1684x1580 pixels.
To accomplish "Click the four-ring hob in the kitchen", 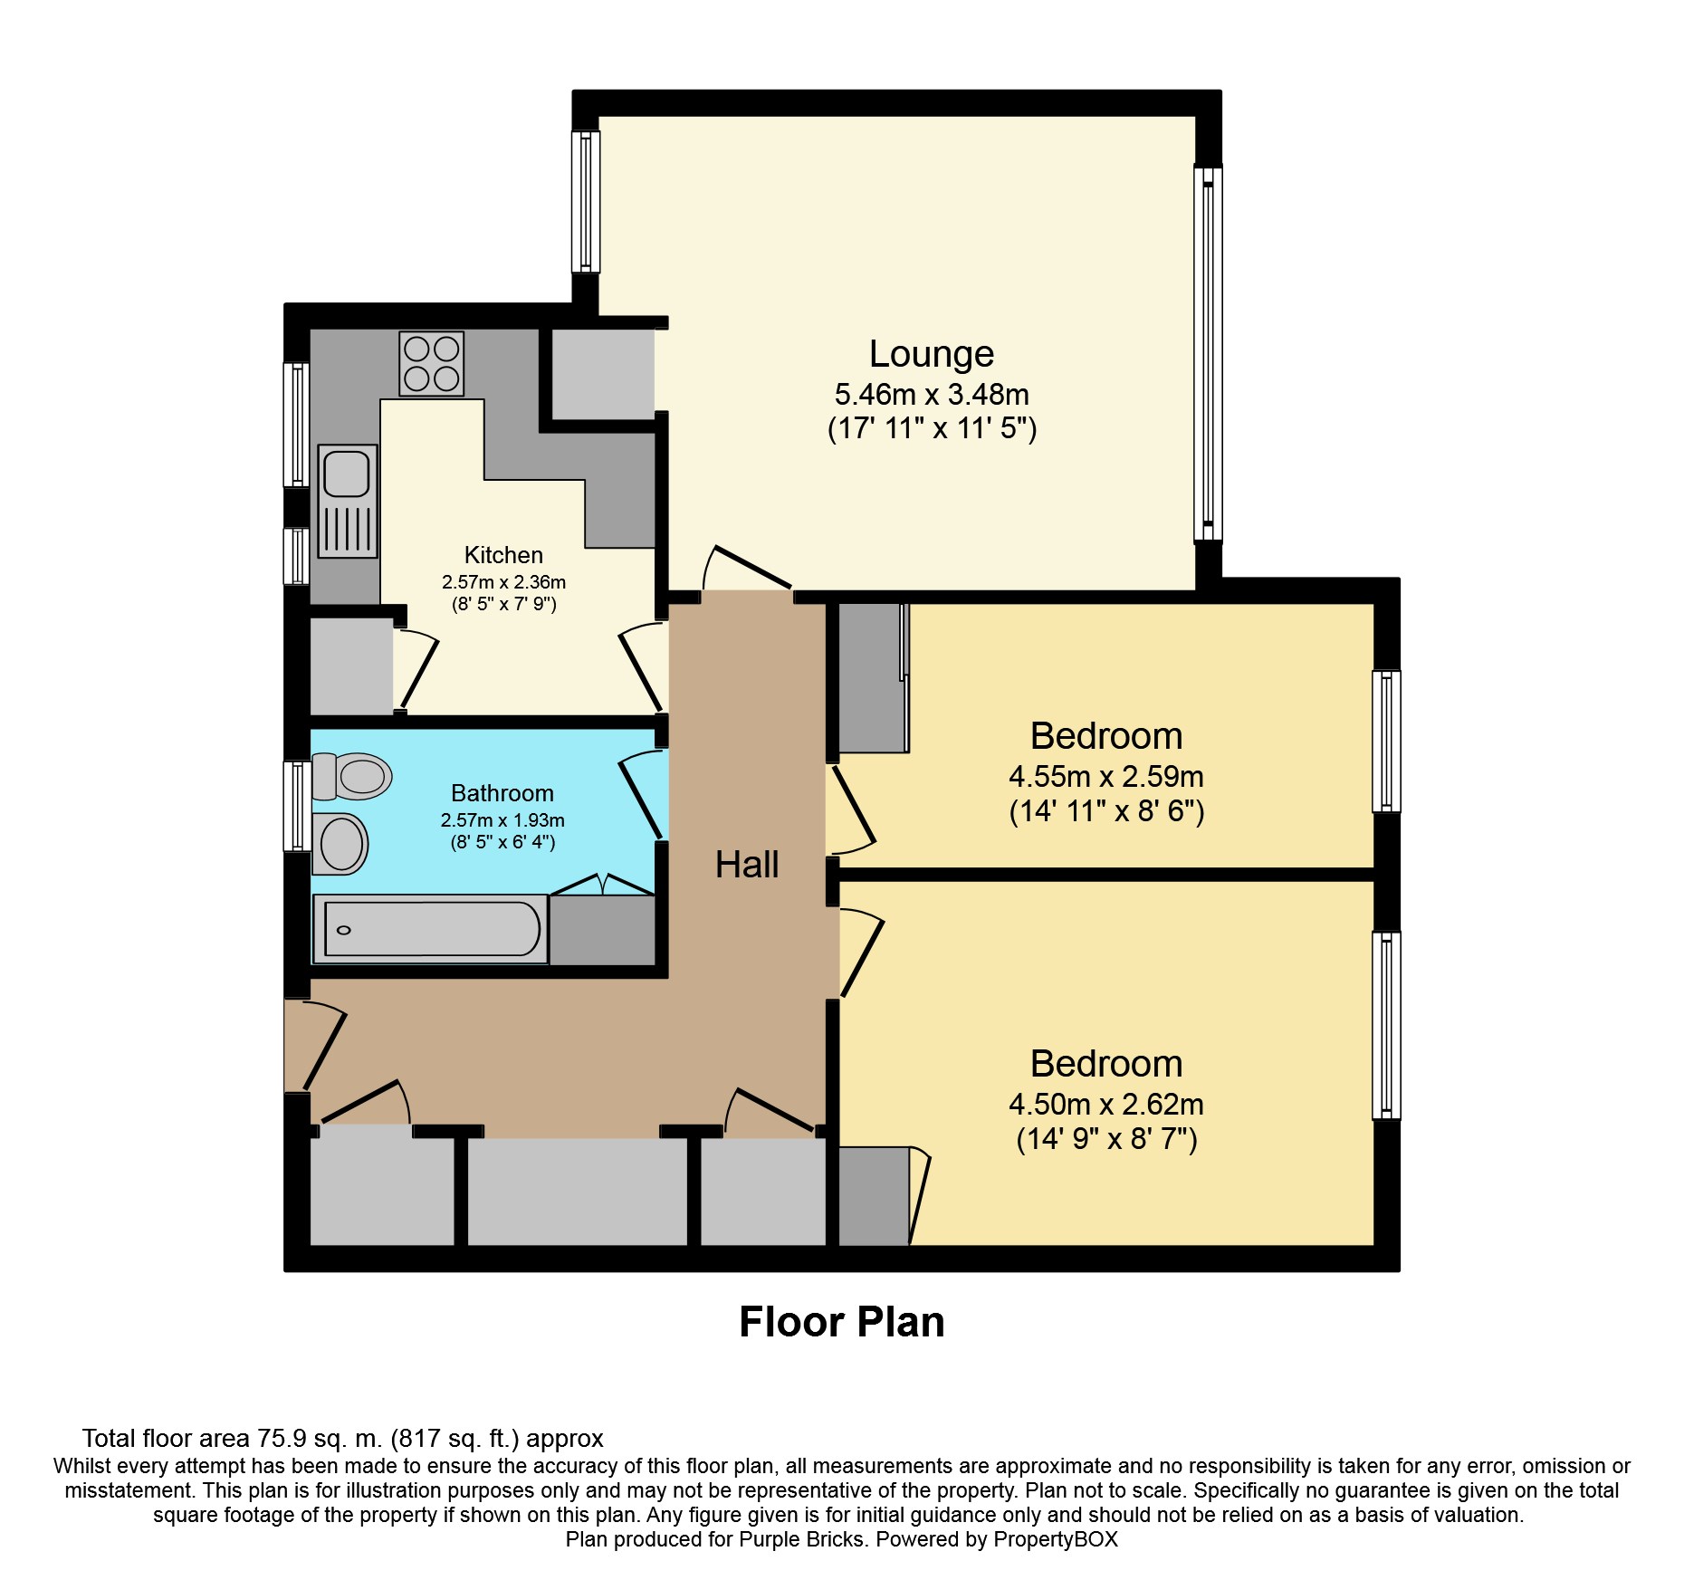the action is (432, 364).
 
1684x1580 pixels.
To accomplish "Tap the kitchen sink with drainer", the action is (348, 501).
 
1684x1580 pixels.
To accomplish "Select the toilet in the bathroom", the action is (351, 776).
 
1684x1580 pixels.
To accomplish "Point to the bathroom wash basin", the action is (340, 844).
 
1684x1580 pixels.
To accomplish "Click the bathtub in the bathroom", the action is (430, 929).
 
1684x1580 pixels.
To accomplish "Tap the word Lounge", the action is (932, 354).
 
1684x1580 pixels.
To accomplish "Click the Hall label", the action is (747, 865).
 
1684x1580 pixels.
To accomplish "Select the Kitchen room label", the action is (503, 555).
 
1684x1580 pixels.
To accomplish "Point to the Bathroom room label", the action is (502, 793).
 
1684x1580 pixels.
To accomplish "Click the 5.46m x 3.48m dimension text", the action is (932, 395).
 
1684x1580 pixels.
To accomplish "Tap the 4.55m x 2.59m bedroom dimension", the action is (1106, 777).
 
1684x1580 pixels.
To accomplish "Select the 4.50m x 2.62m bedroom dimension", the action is (1106, 1105).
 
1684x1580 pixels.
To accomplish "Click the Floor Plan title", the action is (842, 1322).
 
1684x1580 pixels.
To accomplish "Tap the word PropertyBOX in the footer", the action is (1056, 1539).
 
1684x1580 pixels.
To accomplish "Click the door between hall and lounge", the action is (748, 569).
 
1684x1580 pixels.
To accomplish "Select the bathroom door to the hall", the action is (642, 795).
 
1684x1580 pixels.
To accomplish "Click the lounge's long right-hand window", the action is (1208, 353).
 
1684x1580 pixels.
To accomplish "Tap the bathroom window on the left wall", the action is (297, 807).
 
